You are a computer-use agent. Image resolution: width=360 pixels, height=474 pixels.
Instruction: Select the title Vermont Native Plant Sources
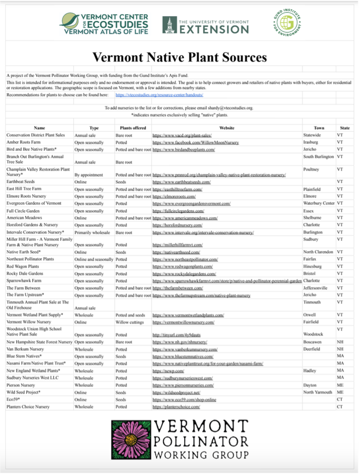[x=180, y=57]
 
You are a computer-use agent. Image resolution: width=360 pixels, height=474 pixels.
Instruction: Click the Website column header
[x=226, y=128]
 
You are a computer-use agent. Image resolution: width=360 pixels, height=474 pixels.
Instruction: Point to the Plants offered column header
[x=133, y=128]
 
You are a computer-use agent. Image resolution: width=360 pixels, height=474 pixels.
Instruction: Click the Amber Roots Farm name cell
[x=24, y=142]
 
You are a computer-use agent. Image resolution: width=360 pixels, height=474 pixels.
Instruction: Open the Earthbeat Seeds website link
[x=181, y=182]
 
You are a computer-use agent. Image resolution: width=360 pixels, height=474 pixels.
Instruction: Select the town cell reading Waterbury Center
[x=319, y=203]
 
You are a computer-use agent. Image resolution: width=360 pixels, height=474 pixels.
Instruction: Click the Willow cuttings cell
[x=130, y=322]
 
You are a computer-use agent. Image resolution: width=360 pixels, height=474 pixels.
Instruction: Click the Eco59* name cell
[x=14, y=399]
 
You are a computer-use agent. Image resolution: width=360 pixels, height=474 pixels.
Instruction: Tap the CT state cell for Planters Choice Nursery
[x=340, y=407]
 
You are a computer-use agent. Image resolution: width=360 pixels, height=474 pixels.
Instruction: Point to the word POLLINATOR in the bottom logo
[x=203, y=441]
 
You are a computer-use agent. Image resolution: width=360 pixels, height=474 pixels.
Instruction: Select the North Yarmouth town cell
[x=318, y=392]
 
